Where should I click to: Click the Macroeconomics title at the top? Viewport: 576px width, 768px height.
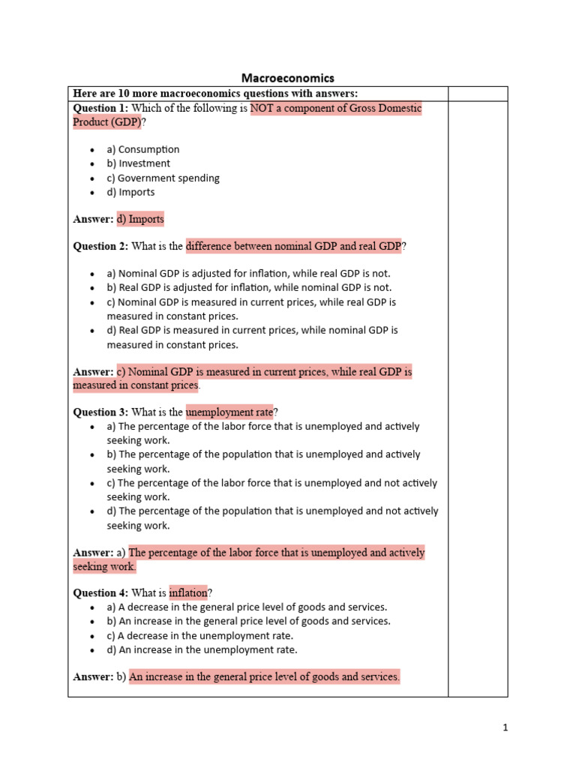(287, 78)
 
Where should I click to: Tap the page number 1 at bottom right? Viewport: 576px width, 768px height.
(505, 727)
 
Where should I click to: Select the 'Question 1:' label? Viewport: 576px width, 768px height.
(100, 109)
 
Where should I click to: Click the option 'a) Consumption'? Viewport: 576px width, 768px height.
(142, 149)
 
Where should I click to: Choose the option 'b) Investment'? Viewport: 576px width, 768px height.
(138, 163)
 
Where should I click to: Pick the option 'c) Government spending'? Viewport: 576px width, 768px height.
(163, 178)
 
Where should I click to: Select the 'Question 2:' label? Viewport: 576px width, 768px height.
(100, 246)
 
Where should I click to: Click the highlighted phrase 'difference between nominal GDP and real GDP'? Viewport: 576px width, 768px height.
(293, 246)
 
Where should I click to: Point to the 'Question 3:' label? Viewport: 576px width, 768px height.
(100, 412)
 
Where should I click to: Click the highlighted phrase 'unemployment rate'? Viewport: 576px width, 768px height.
(229, 412)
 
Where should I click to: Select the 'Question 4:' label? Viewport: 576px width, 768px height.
(100, 592)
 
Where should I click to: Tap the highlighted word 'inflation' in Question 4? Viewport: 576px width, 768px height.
(187, 592)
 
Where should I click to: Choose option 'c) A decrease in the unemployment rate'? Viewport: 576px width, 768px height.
(199, 635)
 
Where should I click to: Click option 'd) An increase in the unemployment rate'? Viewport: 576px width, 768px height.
(202, 649)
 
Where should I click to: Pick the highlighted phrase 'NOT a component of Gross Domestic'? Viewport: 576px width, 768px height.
(336, 109)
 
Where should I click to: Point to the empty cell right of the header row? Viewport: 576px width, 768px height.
(477, 93)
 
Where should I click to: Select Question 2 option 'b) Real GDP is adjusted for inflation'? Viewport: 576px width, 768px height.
(249, 287)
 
